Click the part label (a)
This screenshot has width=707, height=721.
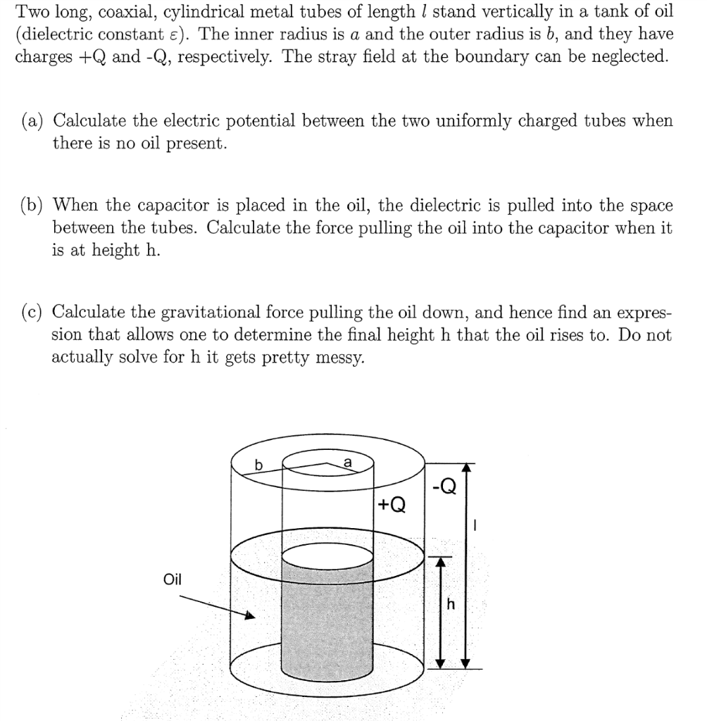tap(36, 120)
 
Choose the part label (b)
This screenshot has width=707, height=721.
tap(36, 206)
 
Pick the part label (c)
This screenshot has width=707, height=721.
tap(36, 312)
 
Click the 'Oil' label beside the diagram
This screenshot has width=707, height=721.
tap(173, 579)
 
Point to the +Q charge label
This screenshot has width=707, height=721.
tap(392, 506)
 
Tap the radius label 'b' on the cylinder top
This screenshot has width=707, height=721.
tap(258, 465)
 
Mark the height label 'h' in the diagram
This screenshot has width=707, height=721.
tap(451, 604)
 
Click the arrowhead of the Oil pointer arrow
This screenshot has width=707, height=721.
tap(249, 616)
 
